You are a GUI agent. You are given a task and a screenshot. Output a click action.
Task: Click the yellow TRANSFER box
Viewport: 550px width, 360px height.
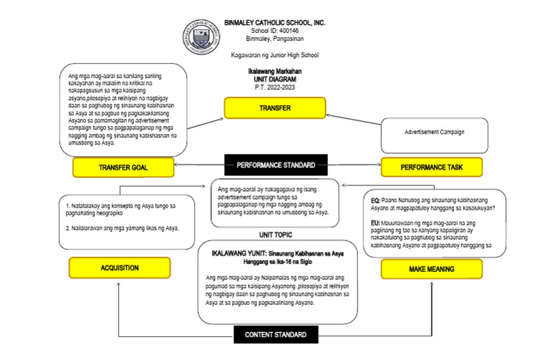point(274,108)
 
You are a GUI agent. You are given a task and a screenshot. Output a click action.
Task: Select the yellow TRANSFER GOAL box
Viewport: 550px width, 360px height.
point(124,167)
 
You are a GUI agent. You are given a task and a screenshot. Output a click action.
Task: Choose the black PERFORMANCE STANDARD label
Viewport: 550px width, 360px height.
point(276,165)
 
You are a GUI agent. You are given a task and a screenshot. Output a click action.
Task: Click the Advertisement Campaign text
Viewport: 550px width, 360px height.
point(435,132)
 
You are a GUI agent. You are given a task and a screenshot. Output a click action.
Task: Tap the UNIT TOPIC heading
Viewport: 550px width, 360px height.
point(276,234)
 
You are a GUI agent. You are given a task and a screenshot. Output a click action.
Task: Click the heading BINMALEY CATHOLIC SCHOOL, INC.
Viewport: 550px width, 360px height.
point(274,23)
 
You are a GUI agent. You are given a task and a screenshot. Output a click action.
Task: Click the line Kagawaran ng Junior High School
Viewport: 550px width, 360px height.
point(274,54)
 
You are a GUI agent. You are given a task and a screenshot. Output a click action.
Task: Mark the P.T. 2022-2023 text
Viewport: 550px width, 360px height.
point(274,87)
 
